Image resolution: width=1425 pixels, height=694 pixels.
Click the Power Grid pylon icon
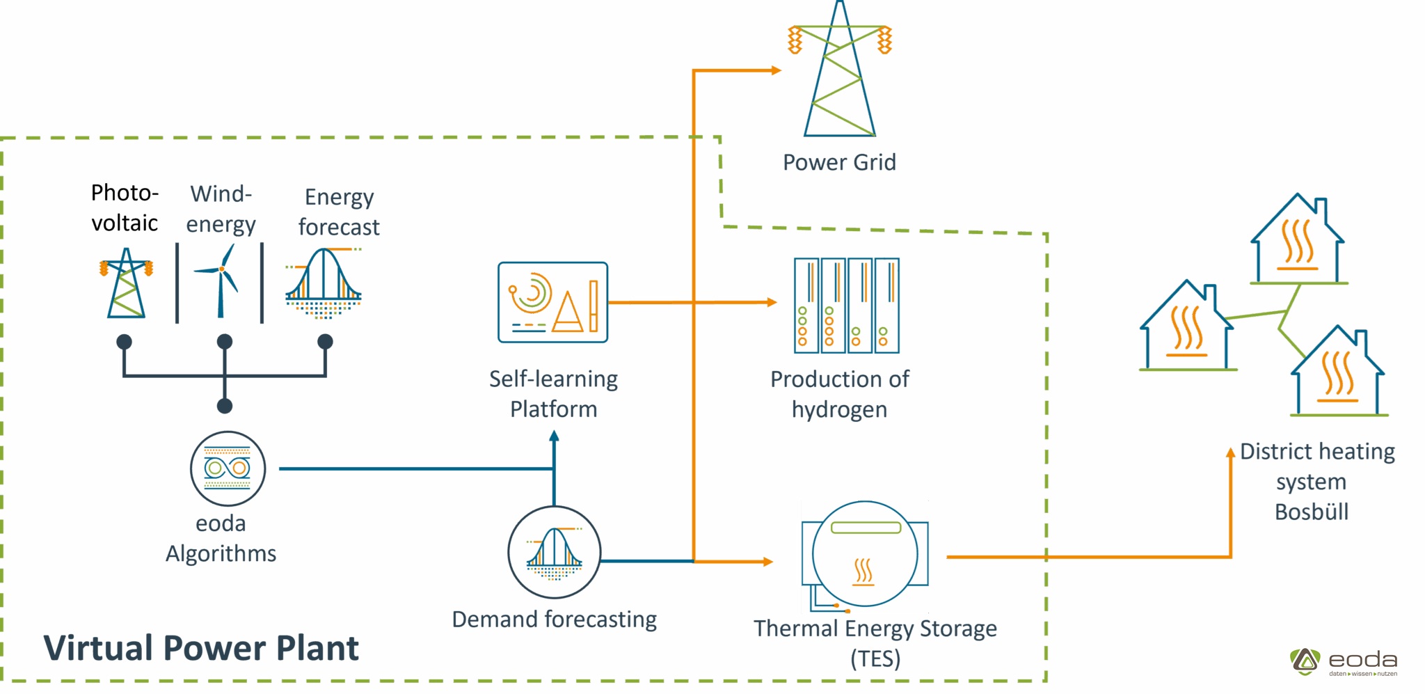840,73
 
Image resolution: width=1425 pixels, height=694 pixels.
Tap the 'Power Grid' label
839,162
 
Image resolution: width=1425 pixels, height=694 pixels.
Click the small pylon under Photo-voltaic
126,283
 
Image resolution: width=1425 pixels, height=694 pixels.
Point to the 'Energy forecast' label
339,212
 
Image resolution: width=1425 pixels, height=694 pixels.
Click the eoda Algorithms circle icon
228,468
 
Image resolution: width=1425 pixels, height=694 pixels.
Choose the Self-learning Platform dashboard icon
553,302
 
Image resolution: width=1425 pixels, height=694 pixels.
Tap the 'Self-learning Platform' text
553,394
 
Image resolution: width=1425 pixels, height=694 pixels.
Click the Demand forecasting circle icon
554,552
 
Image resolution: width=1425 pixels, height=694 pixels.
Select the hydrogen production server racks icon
847,306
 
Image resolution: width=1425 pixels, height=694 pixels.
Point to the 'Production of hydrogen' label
839,394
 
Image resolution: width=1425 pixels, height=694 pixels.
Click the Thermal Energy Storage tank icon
865,554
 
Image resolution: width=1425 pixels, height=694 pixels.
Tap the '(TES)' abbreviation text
875,658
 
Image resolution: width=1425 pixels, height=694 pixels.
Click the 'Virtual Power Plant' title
201,648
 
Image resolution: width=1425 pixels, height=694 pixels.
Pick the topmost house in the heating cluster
1298,241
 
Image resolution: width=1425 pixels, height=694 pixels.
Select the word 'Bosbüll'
1312,512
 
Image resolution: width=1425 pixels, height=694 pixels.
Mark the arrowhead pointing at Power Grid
777,70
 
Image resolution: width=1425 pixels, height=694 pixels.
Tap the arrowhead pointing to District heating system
1230,452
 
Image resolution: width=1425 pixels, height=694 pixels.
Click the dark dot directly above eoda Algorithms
225,406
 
